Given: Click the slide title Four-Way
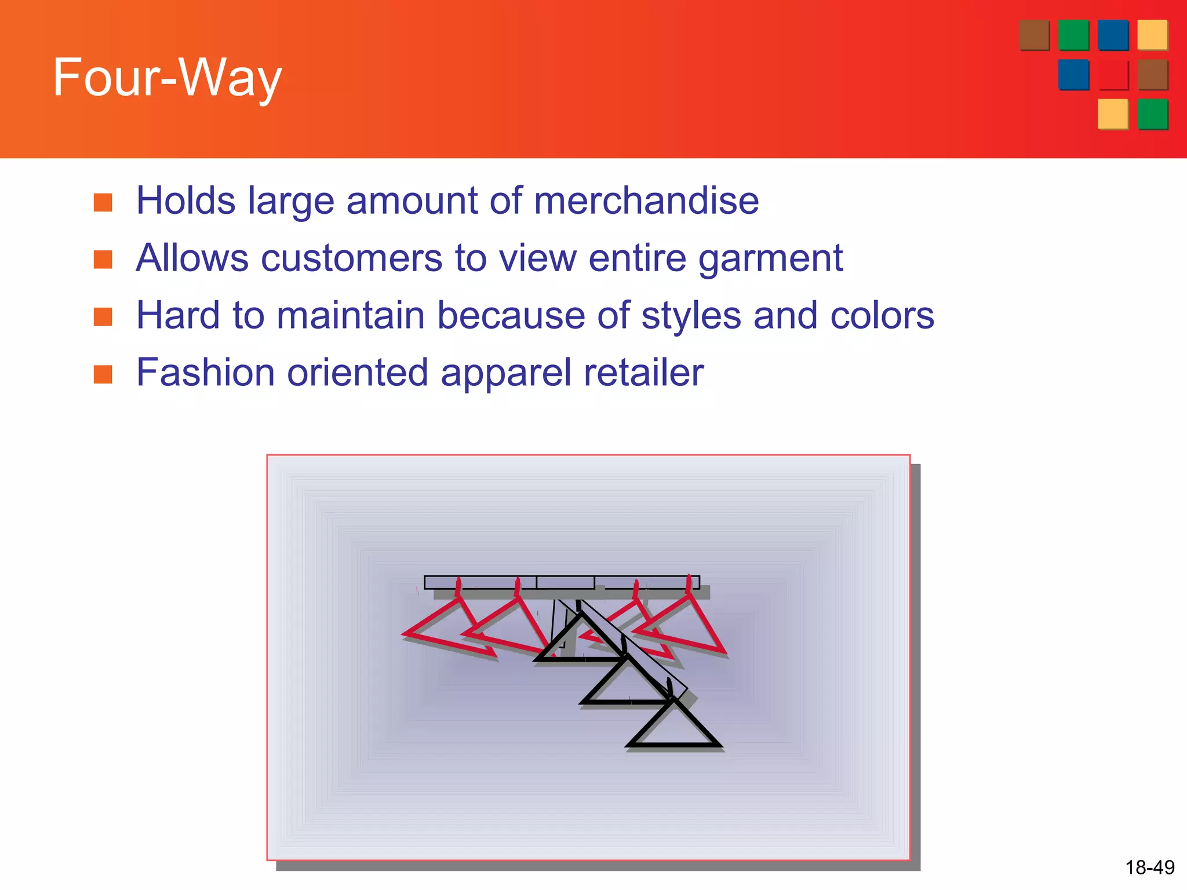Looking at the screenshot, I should point(167,78).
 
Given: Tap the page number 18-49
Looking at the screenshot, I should point(1149,867).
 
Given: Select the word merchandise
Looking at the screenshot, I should point(646,201).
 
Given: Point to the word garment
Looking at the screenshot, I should point(770,259).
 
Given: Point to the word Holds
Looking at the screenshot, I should point(185,201).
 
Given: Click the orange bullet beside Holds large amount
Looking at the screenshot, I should point(103,202).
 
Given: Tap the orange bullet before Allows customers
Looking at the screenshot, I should point(103,260).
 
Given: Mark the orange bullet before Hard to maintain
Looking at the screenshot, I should point(103,316).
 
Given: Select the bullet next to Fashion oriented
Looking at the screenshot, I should point(103,374).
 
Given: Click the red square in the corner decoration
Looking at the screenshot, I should point(1113,75).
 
